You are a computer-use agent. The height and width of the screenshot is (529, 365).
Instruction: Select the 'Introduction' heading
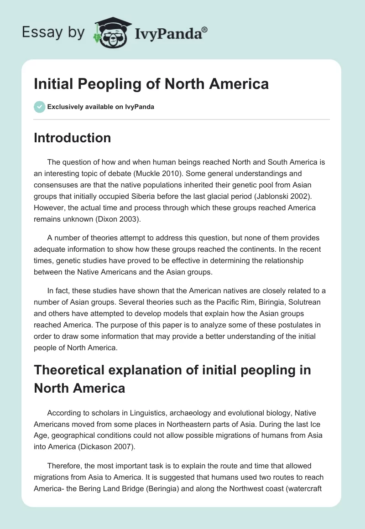coord(72,138)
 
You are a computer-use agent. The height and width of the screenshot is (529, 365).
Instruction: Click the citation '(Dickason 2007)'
coord(111,446)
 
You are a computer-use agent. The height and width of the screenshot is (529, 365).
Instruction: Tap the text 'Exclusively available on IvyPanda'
coord(100,107)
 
